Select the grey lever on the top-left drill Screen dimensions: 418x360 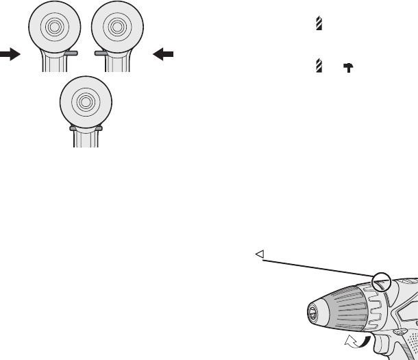[71, 53]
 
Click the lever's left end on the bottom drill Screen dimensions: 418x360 [72, 128]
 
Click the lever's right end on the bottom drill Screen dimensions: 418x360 [99, 128]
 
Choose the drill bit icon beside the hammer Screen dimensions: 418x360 [318, 67]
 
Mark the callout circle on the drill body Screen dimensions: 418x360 [381, 281]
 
